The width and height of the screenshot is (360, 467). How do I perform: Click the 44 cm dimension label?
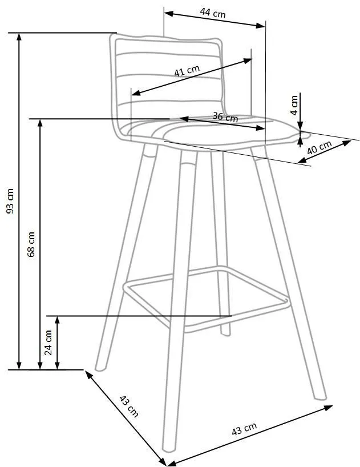[213, 13]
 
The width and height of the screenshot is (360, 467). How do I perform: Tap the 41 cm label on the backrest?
[187, 71]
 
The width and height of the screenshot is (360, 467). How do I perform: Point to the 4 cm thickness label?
[294, 105]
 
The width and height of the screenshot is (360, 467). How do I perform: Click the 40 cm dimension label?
[319, 147]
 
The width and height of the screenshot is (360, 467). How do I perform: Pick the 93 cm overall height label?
[10, 201]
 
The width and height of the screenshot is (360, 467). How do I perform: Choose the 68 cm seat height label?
[31, 244]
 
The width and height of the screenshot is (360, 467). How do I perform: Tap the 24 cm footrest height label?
[48, 343]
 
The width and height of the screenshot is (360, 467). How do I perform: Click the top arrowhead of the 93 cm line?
[19, 37]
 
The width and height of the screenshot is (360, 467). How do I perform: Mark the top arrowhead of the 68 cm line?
[40, 123]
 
